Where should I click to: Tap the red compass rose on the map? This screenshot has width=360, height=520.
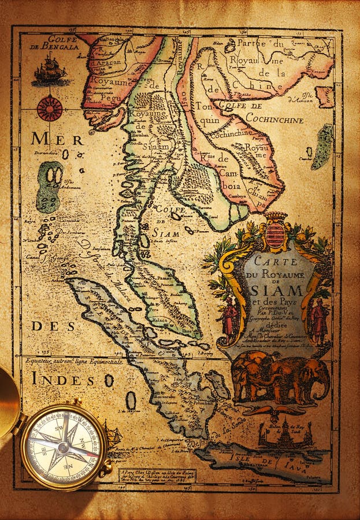tap(50, 108)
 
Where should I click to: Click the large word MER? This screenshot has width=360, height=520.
tap(57, 139)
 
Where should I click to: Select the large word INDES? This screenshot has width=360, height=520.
tap(64, 379)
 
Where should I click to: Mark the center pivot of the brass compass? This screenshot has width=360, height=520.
tap(65, 445)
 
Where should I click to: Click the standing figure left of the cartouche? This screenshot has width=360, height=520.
tap(231, 316)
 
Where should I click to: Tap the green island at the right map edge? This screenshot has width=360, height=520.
tap(322, 147)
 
